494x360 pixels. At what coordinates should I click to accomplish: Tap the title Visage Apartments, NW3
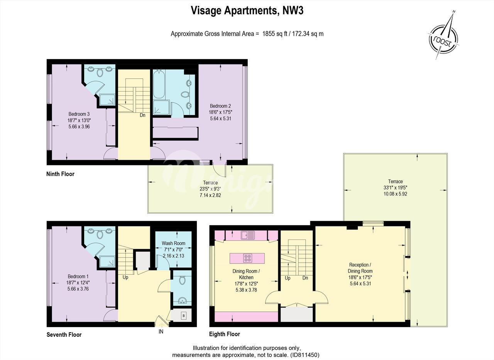click(x=247, y=10)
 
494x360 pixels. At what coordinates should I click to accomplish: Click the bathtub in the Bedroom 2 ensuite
click(x=159, y=84)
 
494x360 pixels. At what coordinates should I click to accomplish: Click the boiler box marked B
click(x=183, y=316)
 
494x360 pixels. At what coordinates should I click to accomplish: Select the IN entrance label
click(x=161, y=331)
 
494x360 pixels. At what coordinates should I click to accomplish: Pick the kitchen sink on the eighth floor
click(x=248, y=235)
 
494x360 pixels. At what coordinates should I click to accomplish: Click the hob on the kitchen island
click(x=248, y=258)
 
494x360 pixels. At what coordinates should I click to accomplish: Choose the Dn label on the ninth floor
click(x=142, y=115)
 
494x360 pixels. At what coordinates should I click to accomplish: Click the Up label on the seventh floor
click(x=125, y=277)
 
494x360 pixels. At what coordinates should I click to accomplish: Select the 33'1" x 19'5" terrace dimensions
click(x=395, y=188)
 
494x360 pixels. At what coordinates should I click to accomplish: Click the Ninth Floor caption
click(x=60, y=174)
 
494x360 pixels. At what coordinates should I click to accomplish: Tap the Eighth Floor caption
click(x=225, y=334)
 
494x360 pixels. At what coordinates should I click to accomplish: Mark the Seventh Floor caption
click(x=64, y=335)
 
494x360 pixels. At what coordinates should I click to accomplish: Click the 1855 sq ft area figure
click(x=274, y=34)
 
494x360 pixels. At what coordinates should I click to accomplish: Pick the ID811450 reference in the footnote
click(x=305, y=355)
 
